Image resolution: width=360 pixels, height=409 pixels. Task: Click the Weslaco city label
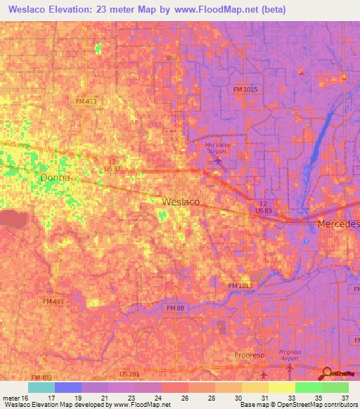point(181,202)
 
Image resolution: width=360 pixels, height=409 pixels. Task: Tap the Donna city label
point(55,178)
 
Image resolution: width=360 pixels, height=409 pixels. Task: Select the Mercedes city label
point(338,223)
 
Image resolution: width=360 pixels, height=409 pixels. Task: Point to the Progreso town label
point(249,355)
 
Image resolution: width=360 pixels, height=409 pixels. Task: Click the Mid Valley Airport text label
point(217,148)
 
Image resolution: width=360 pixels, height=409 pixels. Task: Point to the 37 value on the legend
point(344,398)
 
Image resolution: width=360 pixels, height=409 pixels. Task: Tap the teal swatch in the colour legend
point(41,387)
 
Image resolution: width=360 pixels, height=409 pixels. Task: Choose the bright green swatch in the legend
point(308,387)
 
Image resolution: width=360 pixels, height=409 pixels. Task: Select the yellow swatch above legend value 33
point(281,387)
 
